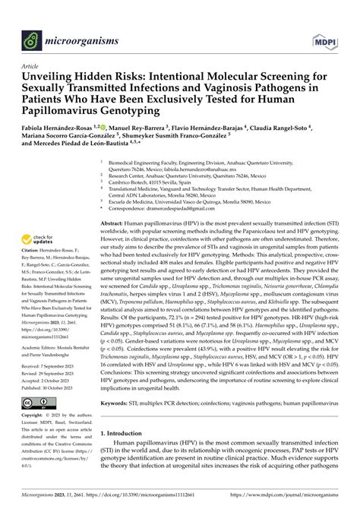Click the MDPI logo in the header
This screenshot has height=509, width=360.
(325, 37)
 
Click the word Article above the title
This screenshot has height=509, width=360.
(33, 66)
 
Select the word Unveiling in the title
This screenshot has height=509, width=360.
(54, 77)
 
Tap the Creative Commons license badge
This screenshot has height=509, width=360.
(43, 402)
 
